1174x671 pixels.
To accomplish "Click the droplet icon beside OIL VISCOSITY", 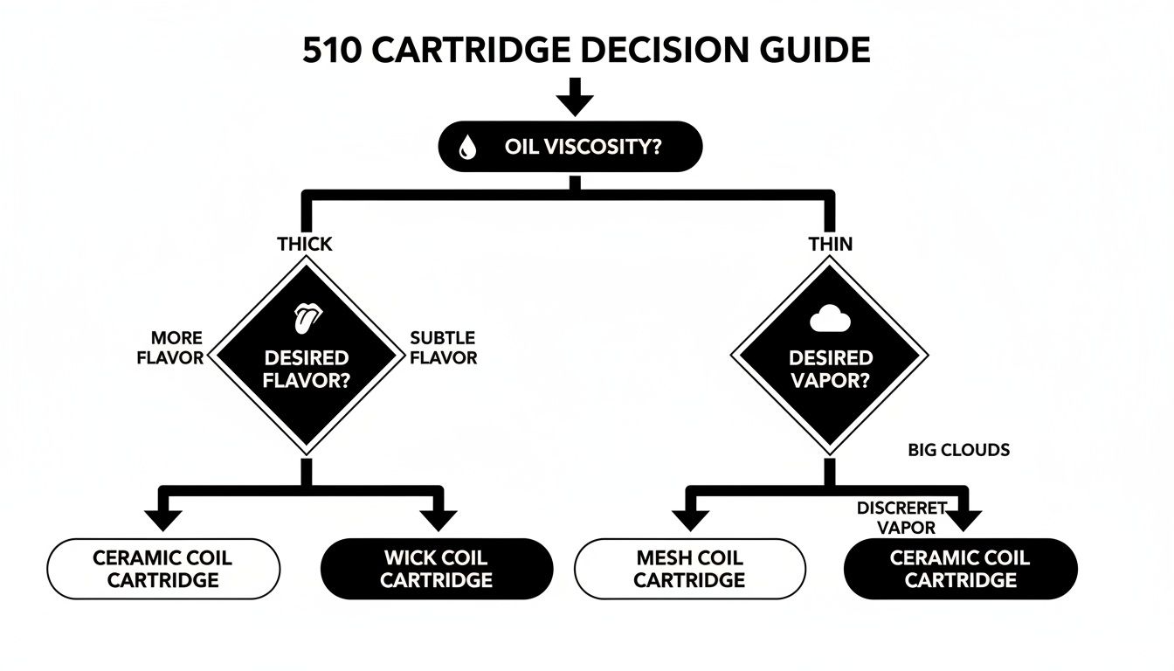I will pos(468,148).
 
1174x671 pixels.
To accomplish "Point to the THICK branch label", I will pos(305,244).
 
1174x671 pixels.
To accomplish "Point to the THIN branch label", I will pos(830,244).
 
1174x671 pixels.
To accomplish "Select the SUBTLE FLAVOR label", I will pos(444,348).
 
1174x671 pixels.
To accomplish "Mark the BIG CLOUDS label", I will pos(958,450).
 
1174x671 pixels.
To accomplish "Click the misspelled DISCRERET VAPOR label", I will pos(901,517).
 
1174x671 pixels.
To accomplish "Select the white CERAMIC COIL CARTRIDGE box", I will pos(162,569).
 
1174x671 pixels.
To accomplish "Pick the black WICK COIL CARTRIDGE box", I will pos(437,569).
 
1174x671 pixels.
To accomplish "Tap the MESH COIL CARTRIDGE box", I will pos(689,569).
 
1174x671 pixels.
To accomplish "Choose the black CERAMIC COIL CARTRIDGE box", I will pos(961,569).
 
